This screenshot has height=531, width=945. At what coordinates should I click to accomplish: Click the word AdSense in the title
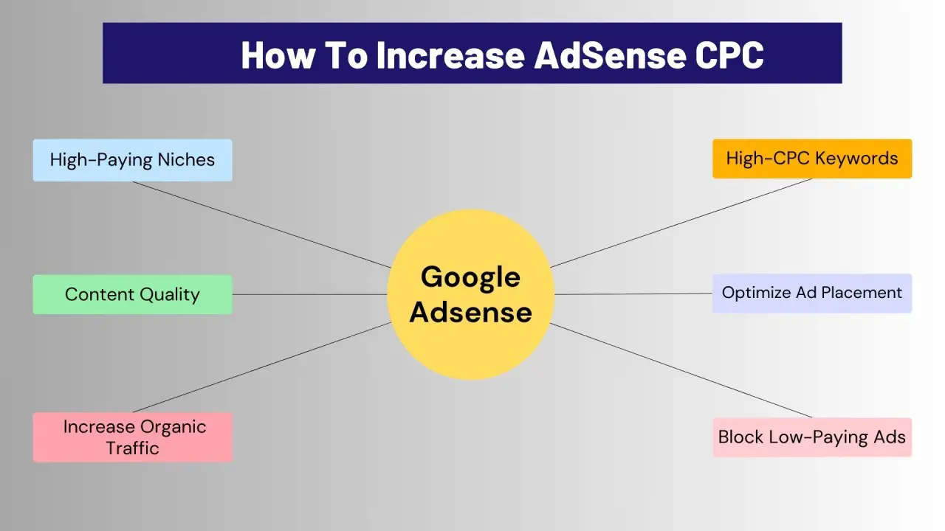[610, 55]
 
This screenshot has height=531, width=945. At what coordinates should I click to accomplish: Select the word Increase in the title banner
[450, 55]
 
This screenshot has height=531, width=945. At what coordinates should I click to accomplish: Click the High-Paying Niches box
[132, 160]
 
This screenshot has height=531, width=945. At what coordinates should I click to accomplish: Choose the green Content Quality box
[132, 294]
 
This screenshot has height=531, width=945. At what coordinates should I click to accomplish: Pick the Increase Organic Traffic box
[132, 437]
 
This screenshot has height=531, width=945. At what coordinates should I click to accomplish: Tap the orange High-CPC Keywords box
[812, 159]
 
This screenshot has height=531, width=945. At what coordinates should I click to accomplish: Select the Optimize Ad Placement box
[812, 293]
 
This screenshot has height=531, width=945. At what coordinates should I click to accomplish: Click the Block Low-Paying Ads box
[812, 437]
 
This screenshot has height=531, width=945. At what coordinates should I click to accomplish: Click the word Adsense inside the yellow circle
[470, 312]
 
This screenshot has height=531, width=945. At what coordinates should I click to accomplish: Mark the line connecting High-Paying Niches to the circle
[262, 225]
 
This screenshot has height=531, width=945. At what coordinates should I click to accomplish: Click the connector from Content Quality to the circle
[309, 294]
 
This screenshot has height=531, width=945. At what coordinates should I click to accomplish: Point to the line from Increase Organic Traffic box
[262, 367]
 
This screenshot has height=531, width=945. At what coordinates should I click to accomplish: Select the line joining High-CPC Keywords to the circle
[681, 223]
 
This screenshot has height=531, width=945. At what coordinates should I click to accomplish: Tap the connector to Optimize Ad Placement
[633, 294]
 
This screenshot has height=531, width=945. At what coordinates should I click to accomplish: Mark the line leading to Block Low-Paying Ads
[681, 370]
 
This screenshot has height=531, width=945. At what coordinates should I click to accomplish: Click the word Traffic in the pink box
[132, 448]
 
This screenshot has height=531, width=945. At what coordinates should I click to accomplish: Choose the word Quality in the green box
[170, 294]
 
